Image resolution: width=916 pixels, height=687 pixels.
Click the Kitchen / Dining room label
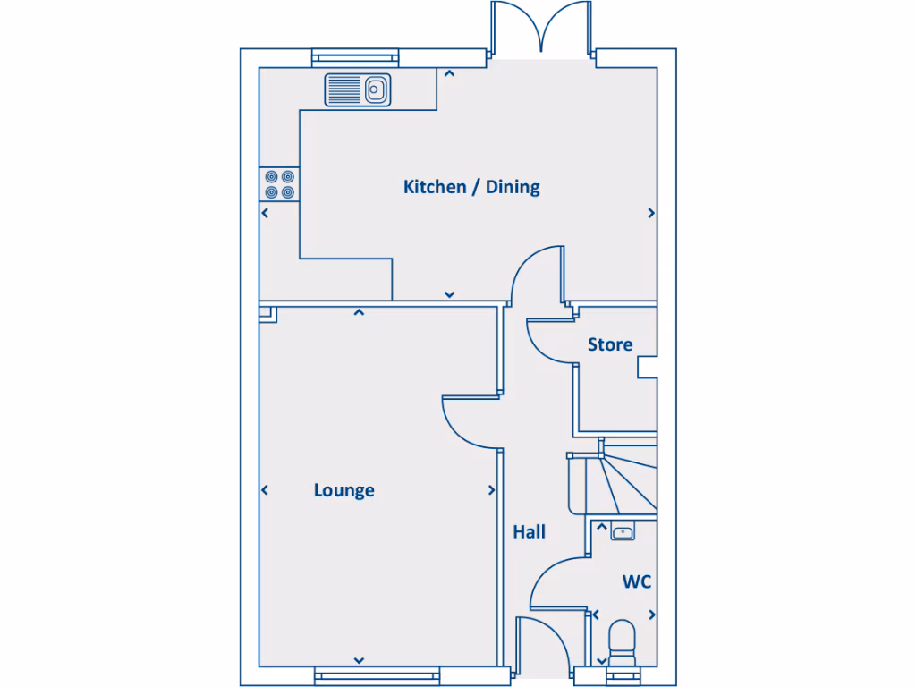tap(471, 187)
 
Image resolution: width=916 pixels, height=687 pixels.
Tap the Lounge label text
tap(343, 490)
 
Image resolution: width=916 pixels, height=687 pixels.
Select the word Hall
tap(529, 532)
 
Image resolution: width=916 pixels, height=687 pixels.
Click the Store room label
tap(610, 344)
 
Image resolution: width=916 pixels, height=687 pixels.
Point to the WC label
tap(637, 582)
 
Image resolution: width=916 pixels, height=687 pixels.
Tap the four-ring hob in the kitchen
tap(279, 184)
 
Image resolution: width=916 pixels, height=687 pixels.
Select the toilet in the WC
tap(621, 642)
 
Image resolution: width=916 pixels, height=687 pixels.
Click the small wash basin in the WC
tap(623, 533)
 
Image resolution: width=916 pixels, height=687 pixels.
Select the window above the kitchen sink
tap(354, 58)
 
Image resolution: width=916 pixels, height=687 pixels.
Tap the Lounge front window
tap(377, 675)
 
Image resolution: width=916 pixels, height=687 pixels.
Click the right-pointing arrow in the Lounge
tap(491, 490)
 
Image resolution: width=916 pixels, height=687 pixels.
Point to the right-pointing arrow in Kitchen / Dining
tap(650, 213)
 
